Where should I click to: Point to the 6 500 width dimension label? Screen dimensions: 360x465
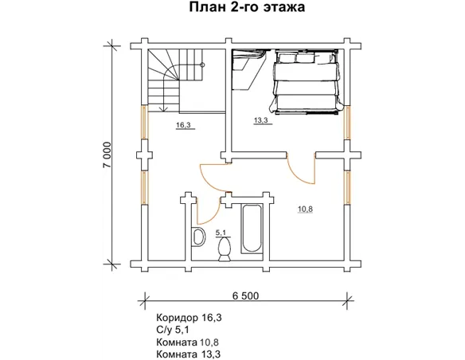(x=246, y=296)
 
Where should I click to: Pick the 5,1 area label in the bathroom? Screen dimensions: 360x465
(x=221, y=233)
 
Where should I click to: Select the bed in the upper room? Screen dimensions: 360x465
(x=307, y=79)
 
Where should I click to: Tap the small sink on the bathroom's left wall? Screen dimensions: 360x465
(x=197, y=237)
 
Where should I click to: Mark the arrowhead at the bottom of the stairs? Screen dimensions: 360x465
(x=162, y=108)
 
